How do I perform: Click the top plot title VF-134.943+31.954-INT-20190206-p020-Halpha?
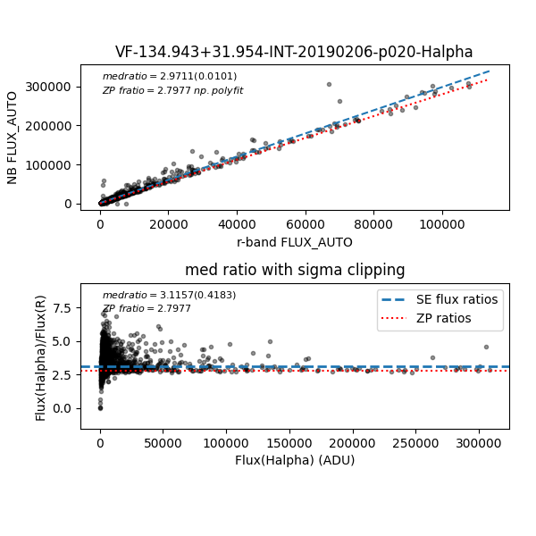[x=294, y=52]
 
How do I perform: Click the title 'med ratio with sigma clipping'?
[x=295, y=270]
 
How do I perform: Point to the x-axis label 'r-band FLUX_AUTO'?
[x=295, y=242]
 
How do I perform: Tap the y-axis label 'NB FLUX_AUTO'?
[x=13, y=138]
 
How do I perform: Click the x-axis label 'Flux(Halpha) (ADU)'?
[x=295, y=460]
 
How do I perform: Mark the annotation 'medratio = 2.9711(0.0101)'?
[x=169, y=77]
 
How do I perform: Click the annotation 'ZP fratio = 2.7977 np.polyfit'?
[x=172, y=90]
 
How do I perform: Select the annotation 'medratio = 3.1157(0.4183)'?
[x=169, y=295]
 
